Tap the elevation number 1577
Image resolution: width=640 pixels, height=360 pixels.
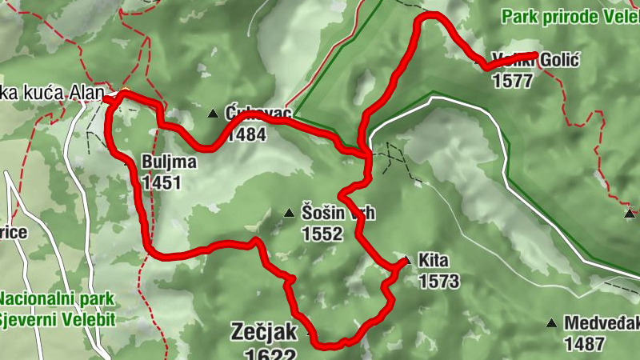pyautogui.click(x=512, y=81)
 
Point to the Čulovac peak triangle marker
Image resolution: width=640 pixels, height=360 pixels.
pyautogui.click(x=213, y=114)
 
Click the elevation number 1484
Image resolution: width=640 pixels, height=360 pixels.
pyautogui.click(x=246, y=134)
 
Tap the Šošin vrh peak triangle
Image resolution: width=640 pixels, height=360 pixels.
pyautogui.click(x=289, y=213)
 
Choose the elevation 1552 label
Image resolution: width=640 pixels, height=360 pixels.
pyautogui.click(x=322, y=234)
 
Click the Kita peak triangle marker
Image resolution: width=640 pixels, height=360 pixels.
pyautogui.click(x=406, y=260)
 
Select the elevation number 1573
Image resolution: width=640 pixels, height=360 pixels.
pyautogui.click(x=438, y=281)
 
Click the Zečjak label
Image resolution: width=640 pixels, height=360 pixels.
pyautogui.click(x=264, y=331)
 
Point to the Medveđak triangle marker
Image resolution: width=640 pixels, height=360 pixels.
pyautogui.click(x=550, y=323)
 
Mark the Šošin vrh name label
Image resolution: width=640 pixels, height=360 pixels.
pyautogui.click(x=338, y=214)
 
